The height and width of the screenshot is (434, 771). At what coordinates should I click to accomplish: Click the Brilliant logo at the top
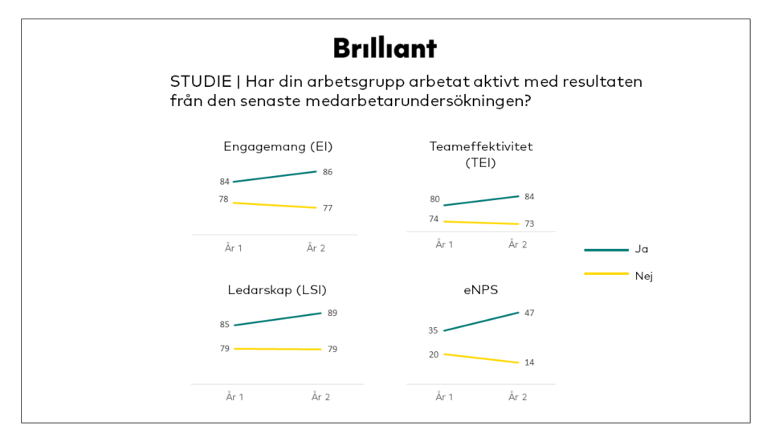[385, 47]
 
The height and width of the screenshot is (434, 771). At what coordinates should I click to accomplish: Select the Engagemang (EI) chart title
[278, 146]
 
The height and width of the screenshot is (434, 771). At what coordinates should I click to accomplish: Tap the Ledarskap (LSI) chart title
[277, 289]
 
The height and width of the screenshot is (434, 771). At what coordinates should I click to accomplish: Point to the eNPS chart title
[480, 289]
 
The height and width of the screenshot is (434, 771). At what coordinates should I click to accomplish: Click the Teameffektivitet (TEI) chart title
[480, 154]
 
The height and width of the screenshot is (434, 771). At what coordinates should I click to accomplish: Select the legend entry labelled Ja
[641, 249]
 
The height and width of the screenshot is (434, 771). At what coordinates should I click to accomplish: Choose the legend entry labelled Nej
[642, 276]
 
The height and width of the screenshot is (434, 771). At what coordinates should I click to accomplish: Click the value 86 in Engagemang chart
[328, 172]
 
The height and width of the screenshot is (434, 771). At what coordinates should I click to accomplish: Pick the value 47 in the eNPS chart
[529, 313]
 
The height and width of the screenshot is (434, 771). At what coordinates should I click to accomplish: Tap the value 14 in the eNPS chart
[529, 362]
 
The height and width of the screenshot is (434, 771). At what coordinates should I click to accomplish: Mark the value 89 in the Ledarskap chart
[332, 313]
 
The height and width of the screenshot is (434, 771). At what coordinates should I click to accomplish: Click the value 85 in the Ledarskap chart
[225, 325]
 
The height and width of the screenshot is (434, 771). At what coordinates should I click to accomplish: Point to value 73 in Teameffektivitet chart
[529, 223]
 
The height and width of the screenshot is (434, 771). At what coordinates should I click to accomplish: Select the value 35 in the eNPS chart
[434, 330]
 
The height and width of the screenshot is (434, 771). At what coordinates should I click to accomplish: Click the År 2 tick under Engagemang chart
[316, 248]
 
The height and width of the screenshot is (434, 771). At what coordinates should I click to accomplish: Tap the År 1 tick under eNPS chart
[444, 396]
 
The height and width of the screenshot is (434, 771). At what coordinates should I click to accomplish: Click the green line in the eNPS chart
[481, 321]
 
